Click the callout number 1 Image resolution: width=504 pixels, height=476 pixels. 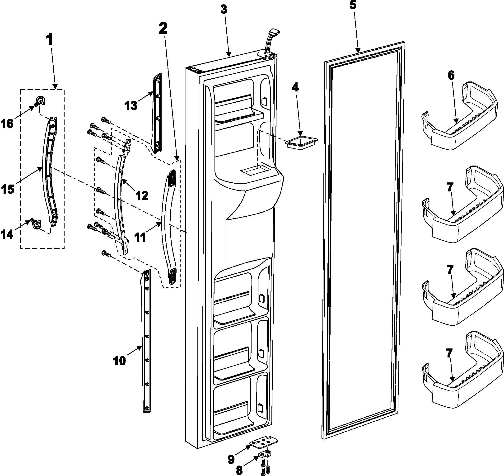(50, 40)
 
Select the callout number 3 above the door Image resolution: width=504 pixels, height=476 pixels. (224, 10)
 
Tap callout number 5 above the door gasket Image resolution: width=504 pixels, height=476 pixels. (353, 5)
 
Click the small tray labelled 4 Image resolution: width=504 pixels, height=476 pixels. (301, 143)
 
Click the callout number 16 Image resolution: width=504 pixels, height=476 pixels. (7, 124)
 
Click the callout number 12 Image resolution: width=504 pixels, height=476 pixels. (141, 195)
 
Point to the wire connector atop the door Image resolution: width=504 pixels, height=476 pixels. (274, 33)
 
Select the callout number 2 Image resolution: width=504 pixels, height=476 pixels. (163, 29)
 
